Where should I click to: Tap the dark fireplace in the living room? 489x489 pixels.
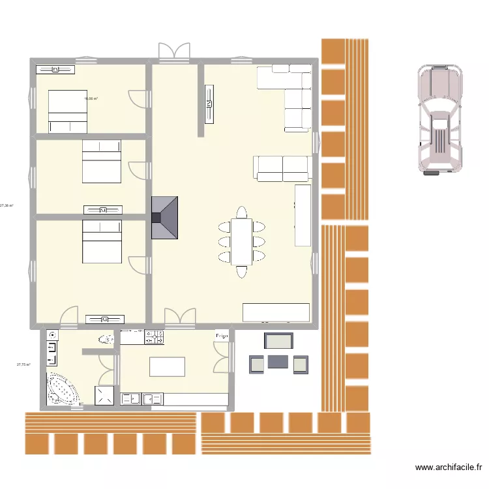pyautogui.click(x=165, y=217)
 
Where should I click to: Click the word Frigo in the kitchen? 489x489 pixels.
pyautogui.click(x=222, y=336)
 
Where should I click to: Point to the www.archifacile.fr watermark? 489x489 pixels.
pyautogui.click(x=449, y=467)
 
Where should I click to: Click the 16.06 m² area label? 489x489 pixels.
pyautogui.click(x=91, y=99)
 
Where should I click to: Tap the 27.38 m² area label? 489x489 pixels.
pyautogui.click(x=7, y=205)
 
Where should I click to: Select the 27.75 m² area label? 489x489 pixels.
pyautogui.click(x=23, y=364)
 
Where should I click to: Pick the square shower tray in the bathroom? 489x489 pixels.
pyautogui.click(x=104, y=396)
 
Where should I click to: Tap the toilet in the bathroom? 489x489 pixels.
pyautogui.click(x=106, y=338)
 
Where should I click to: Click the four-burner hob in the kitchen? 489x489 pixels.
pyautogui.click(x=154, y=337)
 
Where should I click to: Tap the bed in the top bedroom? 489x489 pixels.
pyautogui.click(x=67, y=111)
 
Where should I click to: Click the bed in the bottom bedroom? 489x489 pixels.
pyautogui.click(x=101, y=241)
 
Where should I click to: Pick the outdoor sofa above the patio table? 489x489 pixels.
pyautogui.click(x=278, y=340)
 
